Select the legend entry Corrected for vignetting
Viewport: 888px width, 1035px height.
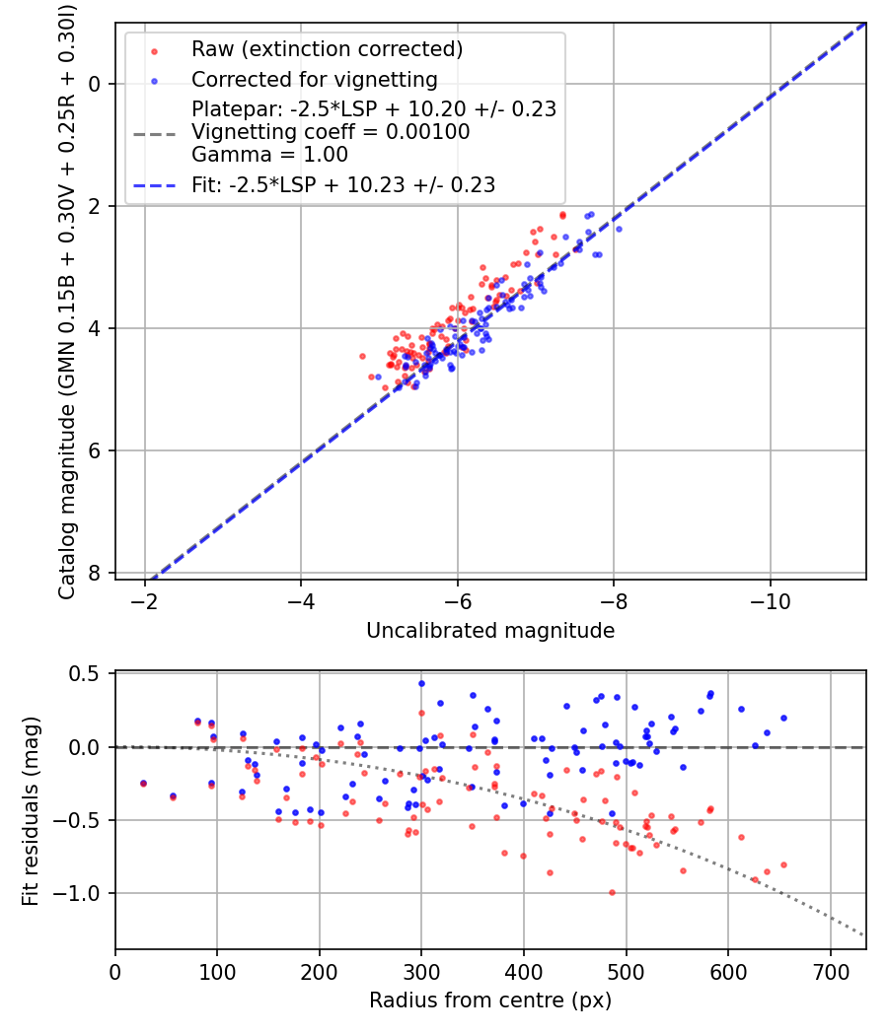click(314, 79)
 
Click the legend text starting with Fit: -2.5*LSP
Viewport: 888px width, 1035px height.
click(343, 184)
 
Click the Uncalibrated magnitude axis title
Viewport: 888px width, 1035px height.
click(490, 631)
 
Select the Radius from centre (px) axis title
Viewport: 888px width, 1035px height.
click(490, 1000)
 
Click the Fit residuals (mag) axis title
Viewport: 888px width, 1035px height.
click(31, 810)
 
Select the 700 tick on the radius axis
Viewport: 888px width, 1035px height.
click(830, 972)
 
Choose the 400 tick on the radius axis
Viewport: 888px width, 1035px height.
click(524, 972)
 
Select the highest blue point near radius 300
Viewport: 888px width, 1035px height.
click(421, 683)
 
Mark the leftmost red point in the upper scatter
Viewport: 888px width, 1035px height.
click(362, 356)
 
